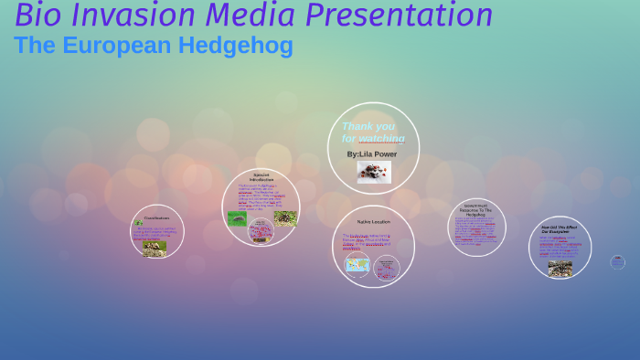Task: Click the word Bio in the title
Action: pos(37,16)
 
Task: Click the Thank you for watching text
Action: pos(372,132)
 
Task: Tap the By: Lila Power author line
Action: pos(372,154)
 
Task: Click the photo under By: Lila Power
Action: pos(373,172)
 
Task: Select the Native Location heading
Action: pos(373,222)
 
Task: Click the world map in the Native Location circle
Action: pos(357,265)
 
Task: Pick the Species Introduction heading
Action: pos(261,176)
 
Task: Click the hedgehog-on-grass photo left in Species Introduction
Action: pos(236,219)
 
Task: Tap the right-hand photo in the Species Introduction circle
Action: pos(285,218)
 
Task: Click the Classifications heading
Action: pos(156,218)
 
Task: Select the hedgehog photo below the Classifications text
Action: pos(154,248)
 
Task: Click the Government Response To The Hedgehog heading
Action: pos(476,209)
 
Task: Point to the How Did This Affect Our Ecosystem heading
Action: pos(560,229)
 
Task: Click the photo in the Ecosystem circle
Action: pos(560,268)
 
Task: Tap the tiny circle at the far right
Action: pos(617,262)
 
